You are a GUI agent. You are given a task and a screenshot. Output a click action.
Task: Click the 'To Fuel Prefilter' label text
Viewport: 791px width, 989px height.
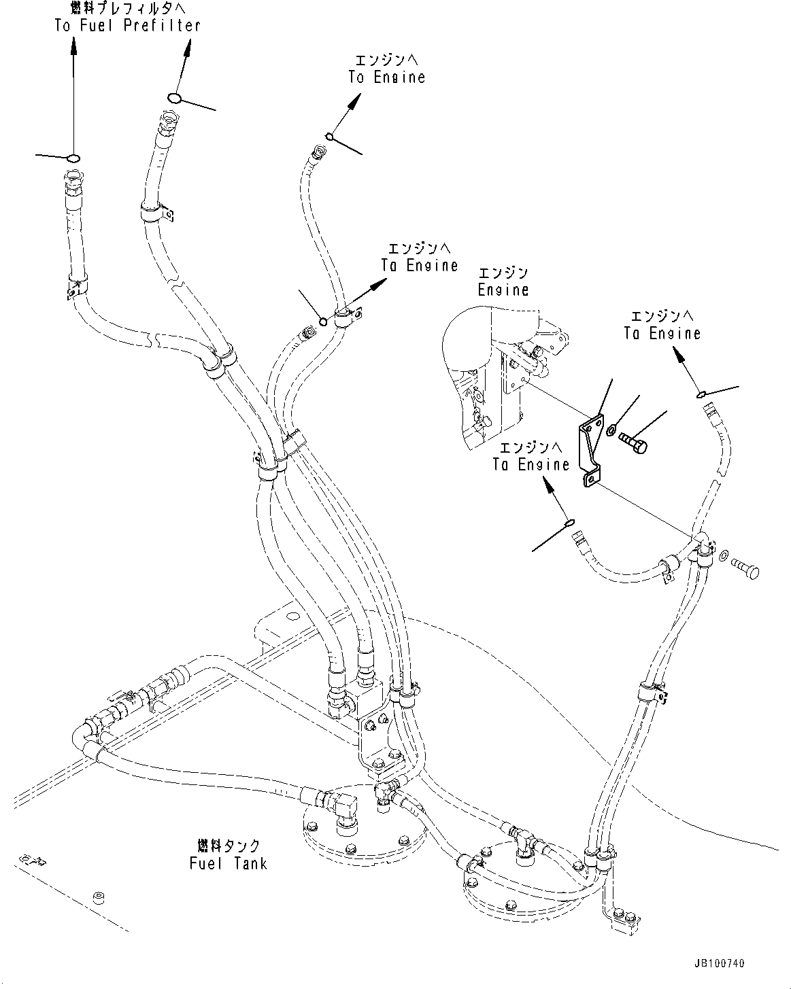click(x=127, y=25)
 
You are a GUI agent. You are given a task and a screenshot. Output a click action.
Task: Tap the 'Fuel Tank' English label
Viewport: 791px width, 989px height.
click(x=228, y=863)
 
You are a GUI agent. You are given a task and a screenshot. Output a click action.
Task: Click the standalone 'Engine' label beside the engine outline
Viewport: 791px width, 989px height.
click(x=503, y=290)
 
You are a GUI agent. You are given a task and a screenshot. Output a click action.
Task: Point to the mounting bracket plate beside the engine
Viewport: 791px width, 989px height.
click(x=591, y=451)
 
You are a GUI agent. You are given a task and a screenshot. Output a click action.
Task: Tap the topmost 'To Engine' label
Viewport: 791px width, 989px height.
click(x=386, y=77)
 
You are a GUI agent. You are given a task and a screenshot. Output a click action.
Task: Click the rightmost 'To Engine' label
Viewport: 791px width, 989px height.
click(x=662, y=333)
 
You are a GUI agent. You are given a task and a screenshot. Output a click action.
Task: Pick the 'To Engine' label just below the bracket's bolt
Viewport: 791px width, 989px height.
click(x=531, y=464)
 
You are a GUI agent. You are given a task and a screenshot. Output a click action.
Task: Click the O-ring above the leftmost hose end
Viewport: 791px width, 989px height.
click(x=73, y=158)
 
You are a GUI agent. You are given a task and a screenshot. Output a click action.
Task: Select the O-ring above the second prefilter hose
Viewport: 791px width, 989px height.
click(x=175, y=98)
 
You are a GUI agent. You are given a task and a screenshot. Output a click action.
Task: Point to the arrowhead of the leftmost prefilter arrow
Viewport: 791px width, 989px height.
click(x=73, y=44)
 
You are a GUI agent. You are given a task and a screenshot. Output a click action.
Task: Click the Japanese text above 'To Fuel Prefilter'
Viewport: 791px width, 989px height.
click(x=128, y=7)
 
